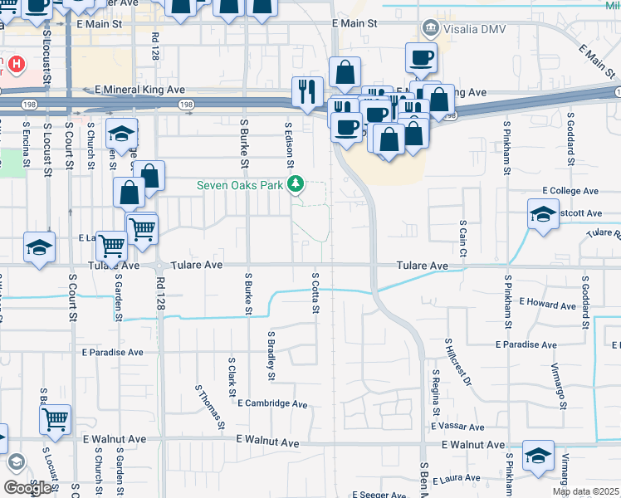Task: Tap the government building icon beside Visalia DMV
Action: click(x=431, y=29)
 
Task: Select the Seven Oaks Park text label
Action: click(x=240, y=185)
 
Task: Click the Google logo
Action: click(x=27, y=488)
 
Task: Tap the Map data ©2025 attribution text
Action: click(x=585, y=491)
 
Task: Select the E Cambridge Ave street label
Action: click(x=272, y=404)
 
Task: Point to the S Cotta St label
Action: click(x=315, y=293)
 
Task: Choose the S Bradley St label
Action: click(x=271, y=355)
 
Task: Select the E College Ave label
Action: click(x=572, y=191)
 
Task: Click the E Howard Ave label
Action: click(x=549, y=305)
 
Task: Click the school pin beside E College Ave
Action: click(x=543, y=215)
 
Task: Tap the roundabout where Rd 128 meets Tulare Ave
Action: click(x=159, y=267)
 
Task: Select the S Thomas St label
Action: click(x=210, y=406)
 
